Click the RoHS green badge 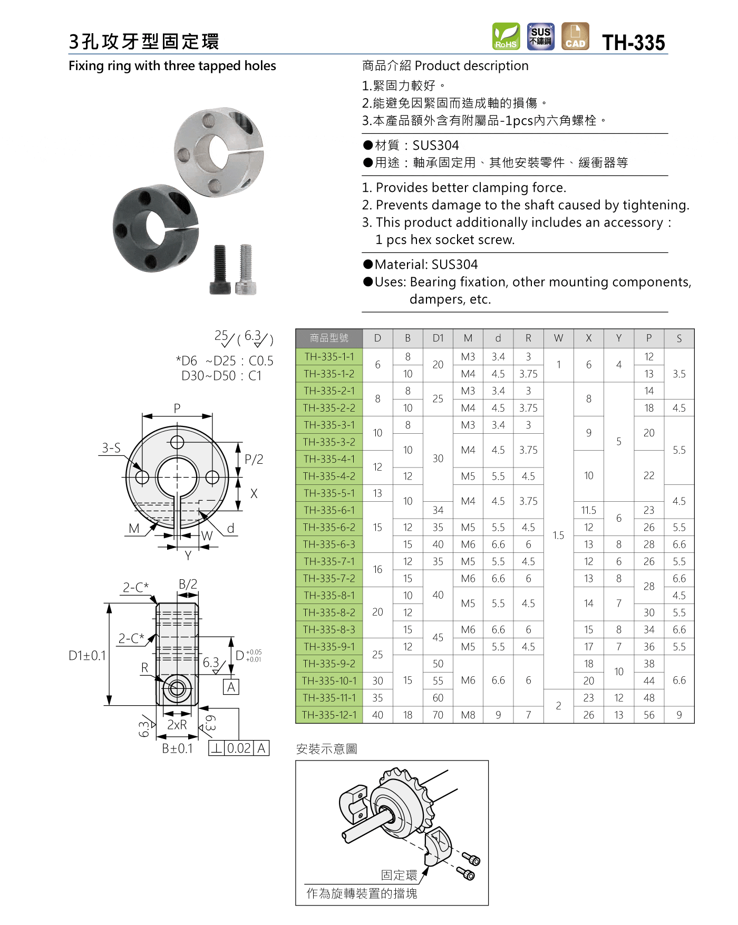pos(506,37)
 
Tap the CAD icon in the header pos(575,36)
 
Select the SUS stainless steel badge pos(540,36)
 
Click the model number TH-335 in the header pos(634,42)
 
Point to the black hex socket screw pos(220,269)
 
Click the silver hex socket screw pos(246,269)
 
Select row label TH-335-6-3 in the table pos(329,544)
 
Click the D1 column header pos(438,338)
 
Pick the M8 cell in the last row pos(468,715)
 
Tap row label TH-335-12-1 pos(329,715)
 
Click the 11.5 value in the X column pos(588,510)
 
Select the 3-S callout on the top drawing pos(111,448)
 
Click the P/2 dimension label pos(254,459)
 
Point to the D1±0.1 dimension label pos(88,656)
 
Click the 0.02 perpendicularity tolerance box pos(239,748)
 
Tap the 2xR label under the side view pos(177,725)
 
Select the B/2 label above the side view pos(188,584)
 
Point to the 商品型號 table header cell pos(329,338)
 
